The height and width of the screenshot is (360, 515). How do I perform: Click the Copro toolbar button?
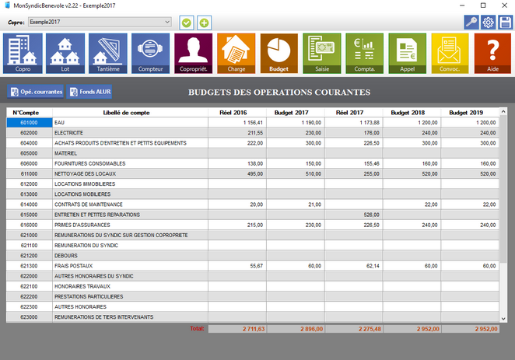(x=23, y=54)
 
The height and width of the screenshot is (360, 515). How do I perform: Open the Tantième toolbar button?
(x=108, y=54)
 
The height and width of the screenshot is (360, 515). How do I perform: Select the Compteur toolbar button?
(x=151, y=54)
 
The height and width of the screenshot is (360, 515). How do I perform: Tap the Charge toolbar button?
(x=236, y=54)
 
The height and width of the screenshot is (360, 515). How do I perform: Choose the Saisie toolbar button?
(x=321, y=54)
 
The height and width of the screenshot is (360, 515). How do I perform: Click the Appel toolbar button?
(x=407, y=54)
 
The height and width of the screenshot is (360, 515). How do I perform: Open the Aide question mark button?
(x=492, y=54)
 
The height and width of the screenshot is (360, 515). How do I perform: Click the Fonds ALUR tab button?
(x=90, y=93)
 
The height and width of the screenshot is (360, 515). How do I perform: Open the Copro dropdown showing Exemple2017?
(x=99, y=23)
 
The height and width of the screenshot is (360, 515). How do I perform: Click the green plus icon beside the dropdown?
(x=204, y=23)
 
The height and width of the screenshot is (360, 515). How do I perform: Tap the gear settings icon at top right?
(x=489, y=23)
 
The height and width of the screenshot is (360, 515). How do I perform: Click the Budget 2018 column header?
(x=412, y=113)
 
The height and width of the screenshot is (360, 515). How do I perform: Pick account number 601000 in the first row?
(x=30, y=123)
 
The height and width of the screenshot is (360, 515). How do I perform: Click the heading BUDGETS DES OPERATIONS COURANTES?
(x=279, y=93)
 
